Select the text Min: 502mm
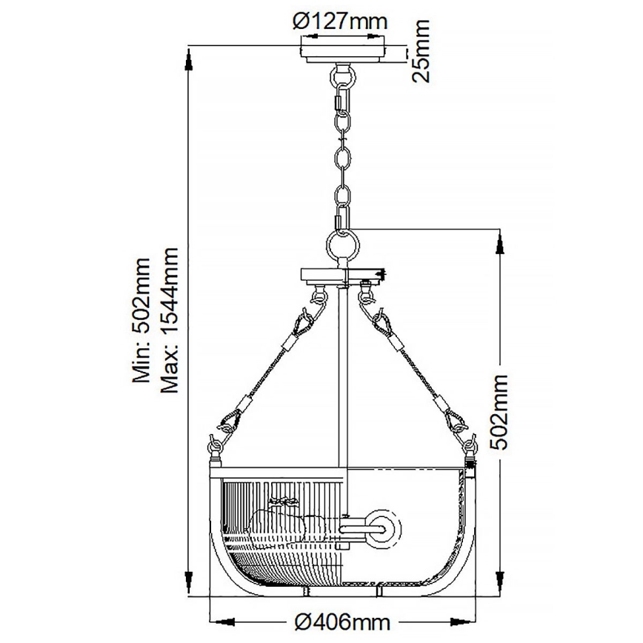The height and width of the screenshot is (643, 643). point(142,320)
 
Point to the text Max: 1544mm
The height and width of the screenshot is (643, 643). point(170,320)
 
